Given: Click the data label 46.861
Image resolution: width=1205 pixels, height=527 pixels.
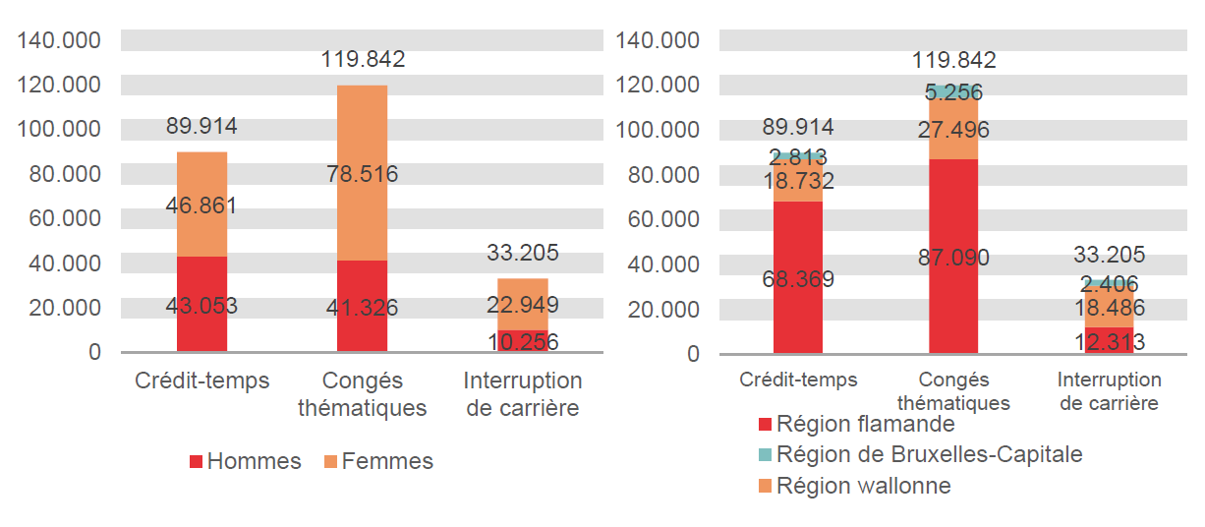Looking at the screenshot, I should (201, 206).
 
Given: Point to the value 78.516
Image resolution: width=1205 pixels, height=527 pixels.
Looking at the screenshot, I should (362, 174).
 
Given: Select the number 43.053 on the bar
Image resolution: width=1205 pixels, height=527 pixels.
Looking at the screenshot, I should (201, 306).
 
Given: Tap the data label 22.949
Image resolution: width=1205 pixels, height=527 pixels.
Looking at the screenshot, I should (523, 305).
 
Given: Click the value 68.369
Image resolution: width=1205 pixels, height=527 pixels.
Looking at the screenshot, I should (798, 279).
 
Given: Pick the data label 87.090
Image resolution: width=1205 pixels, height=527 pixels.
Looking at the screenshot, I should (952, 258).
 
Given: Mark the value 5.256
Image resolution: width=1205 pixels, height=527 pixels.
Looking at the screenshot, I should (952, 92).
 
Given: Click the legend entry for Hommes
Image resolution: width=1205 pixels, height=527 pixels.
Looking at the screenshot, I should (245, 461).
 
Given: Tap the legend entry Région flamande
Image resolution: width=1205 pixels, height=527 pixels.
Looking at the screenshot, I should (855, 425).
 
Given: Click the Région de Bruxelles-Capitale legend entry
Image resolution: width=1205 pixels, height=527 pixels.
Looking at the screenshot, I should (919, 454).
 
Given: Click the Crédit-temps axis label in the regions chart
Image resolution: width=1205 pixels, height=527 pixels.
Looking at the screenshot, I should (798, 380).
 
